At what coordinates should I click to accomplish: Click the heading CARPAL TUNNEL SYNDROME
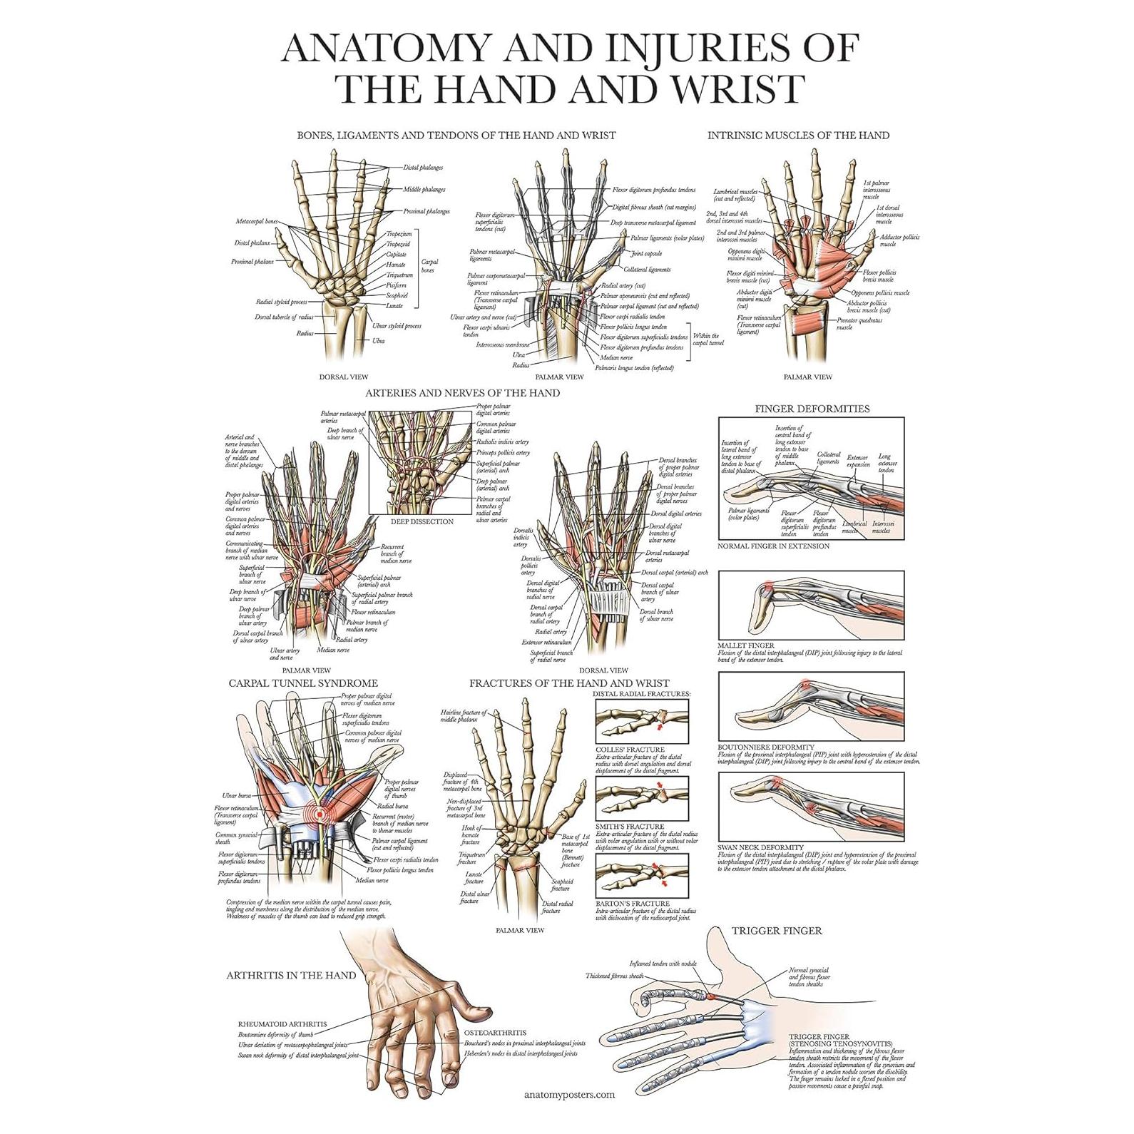point(303,683)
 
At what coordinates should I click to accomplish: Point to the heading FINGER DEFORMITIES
point(812,409)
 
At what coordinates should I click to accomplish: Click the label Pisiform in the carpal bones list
point(397,285)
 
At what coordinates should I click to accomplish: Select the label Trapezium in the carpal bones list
point(399,234)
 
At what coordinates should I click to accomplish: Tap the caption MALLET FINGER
point(746,645)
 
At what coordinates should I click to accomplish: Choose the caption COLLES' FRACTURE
point(630,750)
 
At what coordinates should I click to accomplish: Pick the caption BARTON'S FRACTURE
point(631,904)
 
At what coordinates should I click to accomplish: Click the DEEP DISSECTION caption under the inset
point(422,521)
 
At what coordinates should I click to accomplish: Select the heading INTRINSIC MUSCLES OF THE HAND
point(798,135)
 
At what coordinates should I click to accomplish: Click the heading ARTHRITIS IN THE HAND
point(291,975)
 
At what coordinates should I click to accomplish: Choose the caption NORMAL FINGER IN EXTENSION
point(774,546)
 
